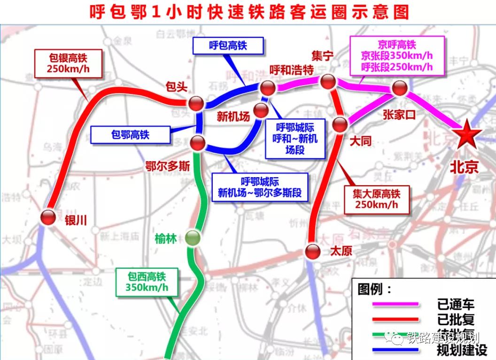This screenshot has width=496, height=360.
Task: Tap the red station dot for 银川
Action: [x=48, y=217]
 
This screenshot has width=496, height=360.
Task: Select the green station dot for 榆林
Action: [x=192, y=238]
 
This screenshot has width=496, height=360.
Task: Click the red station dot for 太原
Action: [x=312, y=251]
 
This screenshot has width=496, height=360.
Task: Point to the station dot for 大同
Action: [x=340, y=125]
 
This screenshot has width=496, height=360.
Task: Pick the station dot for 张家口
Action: [x=400, y=88]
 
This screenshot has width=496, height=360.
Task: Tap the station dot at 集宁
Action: [x=328, y=82]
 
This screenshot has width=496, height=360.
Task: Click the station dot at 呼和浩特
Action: [x=268, y=87]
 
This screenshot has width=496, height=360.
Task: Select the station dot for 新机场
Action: [x=260, y=110]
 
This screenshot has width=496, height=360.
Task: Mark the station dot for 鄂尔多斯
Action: [x=198, y=142]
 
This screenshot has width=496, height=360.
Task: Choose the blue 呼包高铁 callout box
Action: [x=228, y=46]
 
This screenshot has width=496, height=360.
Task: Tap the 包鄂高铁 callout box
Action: [x=130, y=134]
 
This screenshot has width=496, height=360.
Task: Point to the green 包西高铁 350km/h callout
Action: [x=147, y=282]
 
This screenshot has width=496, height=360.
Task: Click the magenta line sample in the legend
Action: [x=395, y=304]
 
